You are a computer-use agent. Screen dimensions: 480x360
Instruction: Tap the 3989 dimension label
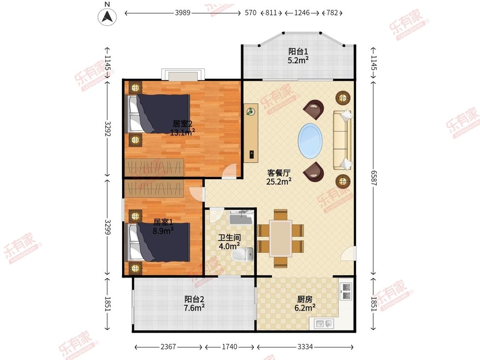[x=183, y=13]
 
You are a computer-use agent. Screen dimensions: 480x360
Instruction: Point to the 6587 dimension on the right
[x=373, y=178]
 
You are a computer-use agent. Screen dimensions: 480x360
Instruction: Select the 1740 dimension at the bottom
[x=230, y=346]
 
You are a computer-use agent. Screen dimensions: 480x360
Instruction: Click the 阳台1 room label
[x=298, y=52]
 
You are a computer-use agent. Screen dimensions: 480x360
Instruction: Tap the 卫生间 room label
[x=229, y=238]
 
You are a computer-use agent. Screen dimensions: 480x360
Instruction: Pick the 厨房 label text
[x=305, y=299]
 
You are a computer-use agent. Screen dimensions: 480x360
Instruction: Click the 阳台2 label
[x=194, y=299]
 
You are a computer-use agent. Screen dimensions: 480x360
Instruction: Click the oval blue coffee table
[x=310, y=141]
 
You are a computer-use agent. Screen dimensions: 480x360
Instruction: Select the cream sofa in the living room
[x=342, y=139]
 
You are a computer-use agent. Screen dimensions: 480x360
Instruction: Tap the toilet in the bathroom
[x=242, y=254]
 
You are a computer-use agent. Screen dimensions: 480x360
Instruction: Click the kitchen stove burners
[x=346, y=291]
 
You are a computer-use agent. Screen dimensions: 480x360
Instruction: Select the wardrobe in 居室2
[x=154, y=167]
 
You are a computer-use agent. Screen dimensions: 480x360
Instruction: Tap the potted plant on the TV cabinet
[x=251, y=111]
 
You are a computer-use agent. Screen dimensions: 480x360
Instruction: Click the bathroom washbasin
[x=241, y=218]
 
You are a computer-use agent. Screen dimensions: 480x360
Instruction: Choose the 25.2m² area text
[x=279, y=182]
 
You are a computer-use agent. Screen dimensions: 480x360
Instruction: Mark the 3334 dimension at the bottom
[x=305, y=346]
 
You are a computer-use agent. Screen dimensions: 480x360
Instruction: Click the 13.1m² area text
[x=183, y=132]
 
